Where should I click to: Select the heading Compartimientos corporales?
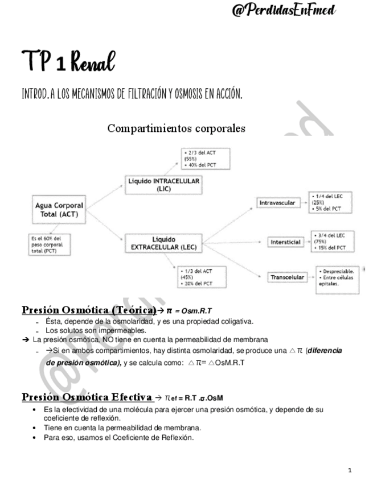[x=176, y=128]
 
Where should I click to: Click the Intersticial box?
[x=285, y=242]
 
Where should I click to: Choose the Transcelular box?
[x=286, y=277]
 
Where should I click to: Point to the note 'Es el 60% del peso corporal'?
[x=46, y=243]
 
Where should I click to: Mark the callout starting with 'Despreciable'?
[x=337, y=278]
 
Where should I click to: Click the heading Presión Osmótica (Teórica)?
[x=89, y=310]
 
